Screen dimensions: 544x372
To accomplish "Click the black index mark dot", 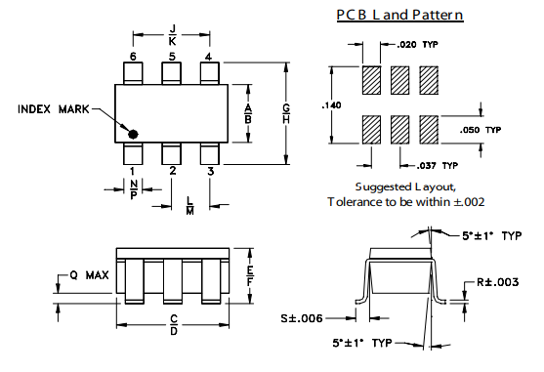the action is (133, 134).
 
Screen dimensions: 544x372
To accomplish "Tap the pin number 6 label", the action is (133, 57).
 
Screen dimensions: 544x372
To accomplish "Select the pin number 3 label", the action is (211, 171).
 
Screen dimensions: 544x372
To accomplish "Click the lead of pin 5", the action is (171, 73).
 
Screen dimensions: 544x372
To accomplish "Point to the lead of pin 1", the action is (133, 153).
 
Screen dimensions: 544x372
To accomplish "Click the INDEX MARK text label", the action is (54, 109).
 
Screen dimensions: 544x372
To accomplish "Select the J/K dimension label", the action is (172, 35).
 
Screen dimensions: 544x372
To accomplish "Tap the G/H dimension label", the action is (286, 113).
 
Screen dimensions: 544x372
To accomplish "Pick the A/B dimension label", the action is (248, 113).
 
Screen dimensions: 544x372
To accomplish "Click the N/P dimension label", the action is (134, 189).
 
